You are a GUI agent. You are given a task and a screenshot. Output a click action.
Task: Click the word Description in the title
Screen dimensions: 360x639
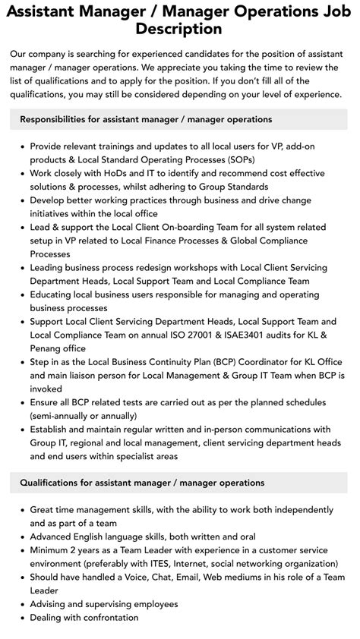179,29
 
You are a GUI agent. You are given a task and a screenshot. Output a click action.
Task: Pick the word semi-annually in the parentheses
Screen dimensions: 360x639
65,416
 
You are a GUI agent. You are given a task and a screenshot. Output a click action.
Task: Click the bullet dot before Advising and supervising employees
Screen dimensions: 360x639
22,604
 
